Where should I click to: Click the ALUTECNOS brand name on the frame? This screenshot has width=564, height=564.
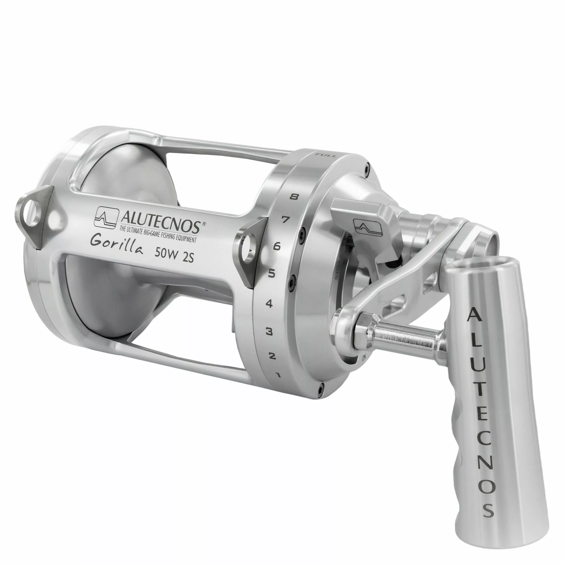pos(160,220)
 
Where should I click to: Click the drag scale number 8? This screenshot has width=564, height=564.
pos(294,197)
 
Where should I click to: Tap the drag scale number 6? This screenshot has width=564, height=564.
pos(277,246)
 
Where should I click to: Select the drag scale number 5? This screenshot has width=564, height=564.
pos(271,274)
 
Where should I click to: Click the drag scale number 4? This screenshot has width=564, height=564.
pos(269,304)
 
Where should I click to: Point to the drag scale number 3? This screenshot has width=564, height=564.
pos(269,332)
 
